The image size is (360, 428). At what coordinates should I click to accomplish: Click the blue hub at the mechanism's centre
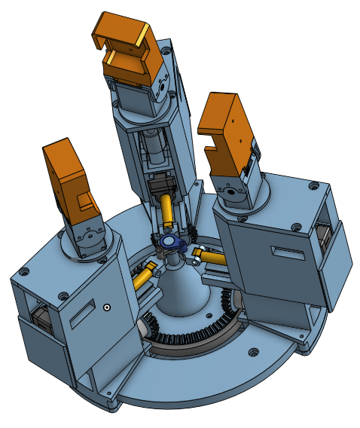coord(171,242)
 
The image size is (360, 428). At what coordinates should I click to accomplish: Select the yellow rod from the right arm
coord(212,258)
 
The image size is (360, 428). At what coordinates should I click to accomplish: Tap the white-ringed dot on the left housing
coord(108,307)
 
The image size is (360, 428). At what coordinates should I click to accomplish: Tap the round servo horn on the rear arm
coord(162,90)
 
